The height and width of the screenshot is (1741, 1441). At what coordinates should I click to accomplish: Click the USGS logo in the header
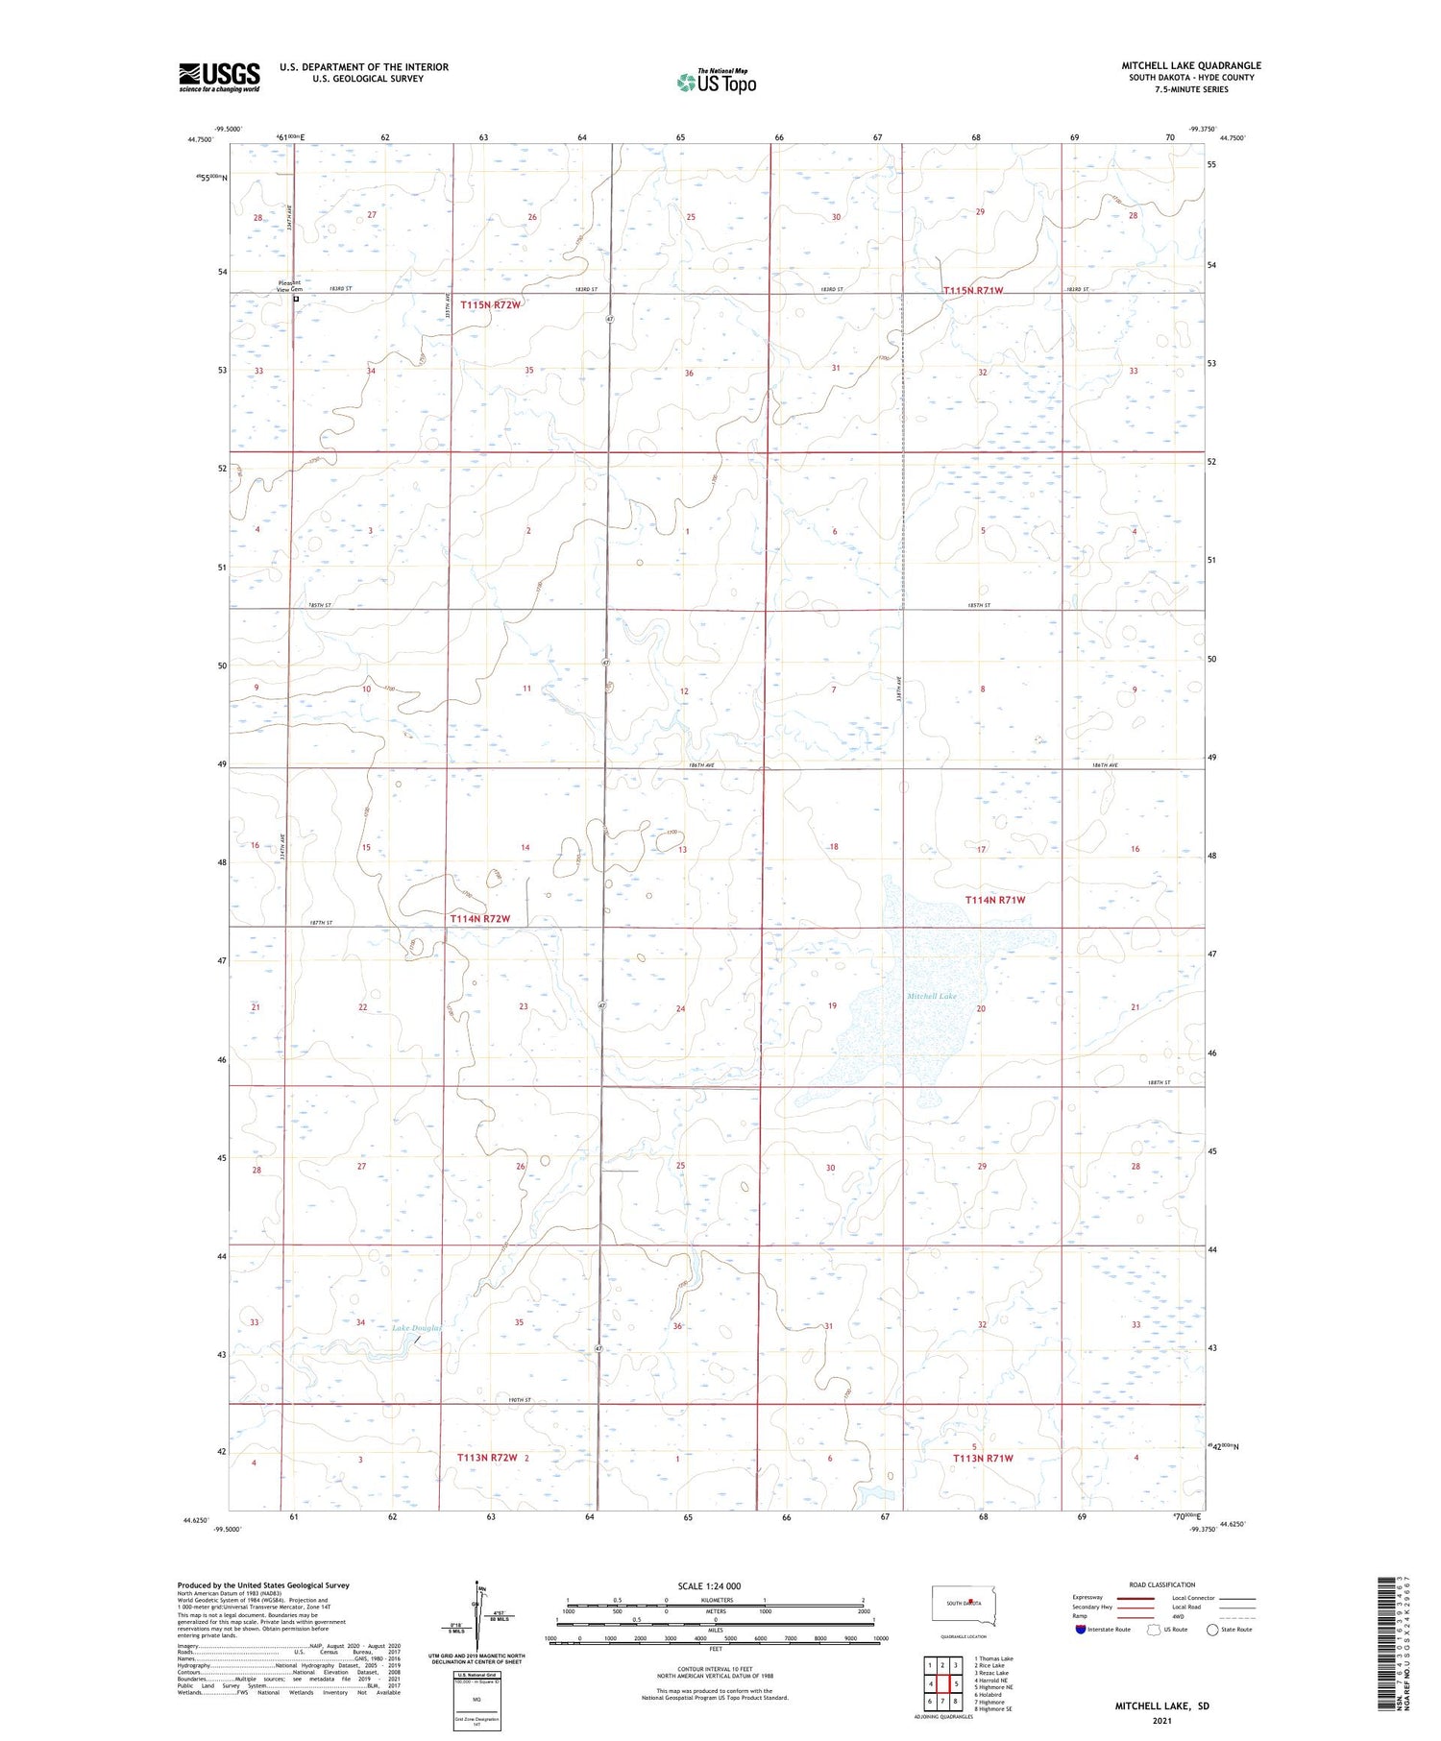tap(219, 77)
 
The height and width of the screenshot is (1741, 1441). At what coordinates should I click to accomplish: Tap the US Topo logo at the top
tap(717, 83)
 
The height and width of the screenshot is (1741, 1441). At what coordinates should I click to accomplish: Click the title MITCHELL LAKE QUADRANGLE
tap(1191, 65)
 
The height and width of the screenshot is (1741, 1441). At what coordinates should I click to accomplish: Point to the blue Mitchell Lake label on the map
tap(932, 997)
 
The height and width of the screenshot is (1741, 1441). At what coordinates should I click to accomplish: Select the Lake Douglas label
tap(416, 1328)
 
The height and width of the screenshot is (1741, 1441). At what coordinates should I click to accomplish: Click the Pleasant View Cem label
tap(289, 285)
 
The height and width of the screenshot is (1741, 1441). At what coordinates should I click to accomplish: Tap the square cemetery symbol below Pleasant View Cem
tap(296, 299)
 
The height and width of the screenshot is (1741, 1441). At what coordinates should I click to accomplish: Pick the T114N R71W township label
tap(995, 900)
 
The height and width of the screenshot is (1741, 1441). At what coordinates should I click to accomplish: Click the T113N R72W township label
tap(487, 1457)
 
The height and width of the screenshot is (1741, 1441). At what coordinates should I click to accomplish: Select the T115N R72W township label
tap(490, 304)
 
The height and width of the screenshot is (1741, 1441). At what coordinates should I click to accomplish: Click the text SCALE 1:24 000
tap(709, 1586)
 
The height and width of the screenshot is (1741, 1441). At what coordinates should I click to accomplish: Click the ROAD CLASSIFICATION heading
tap(1162, 1584)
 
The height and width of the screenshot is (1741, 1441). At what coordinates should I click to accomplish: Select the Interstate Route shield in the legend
tap(1081, 1629)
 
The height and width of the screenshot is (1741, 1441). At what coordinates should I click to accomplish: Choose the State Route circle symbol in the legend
tap(1212, 1629)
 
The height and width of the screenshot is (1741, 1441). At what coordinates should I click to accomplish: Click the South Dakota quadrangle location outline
tap(964, 1606)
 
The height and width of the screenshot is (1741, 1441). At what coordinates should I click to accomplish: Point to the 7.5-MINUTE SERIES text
tap(1191, 89)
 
